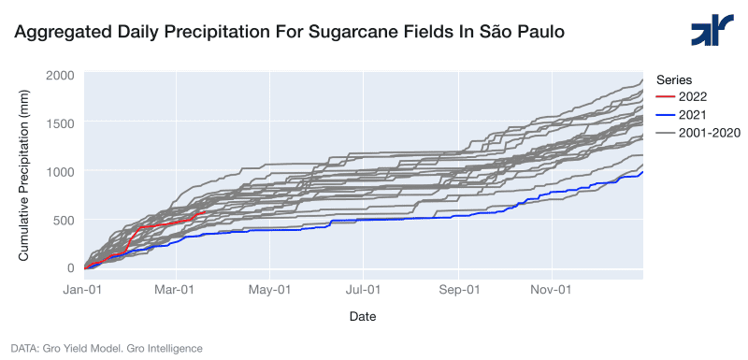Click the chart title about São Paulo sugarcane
point(289,32)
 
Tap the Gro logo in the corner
point(712,30)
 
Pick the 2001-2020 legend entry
point(698,133)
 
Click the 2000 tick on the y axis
point(60,76)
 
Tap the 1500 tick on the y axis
point(60,123)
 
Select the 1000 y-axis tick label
point(60,172)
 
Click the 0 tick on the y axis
point(71,268)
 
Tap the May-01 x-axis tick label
point(270,290)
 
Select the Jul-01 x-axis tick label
point(364,290)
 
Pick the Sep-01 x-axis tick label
point(458,290)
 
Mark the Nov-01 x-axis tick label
point(552,290)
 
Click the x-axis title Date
point(363,316)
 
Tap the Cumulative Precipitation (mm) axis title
point(22,175)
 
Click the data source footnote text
point(107,349)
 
